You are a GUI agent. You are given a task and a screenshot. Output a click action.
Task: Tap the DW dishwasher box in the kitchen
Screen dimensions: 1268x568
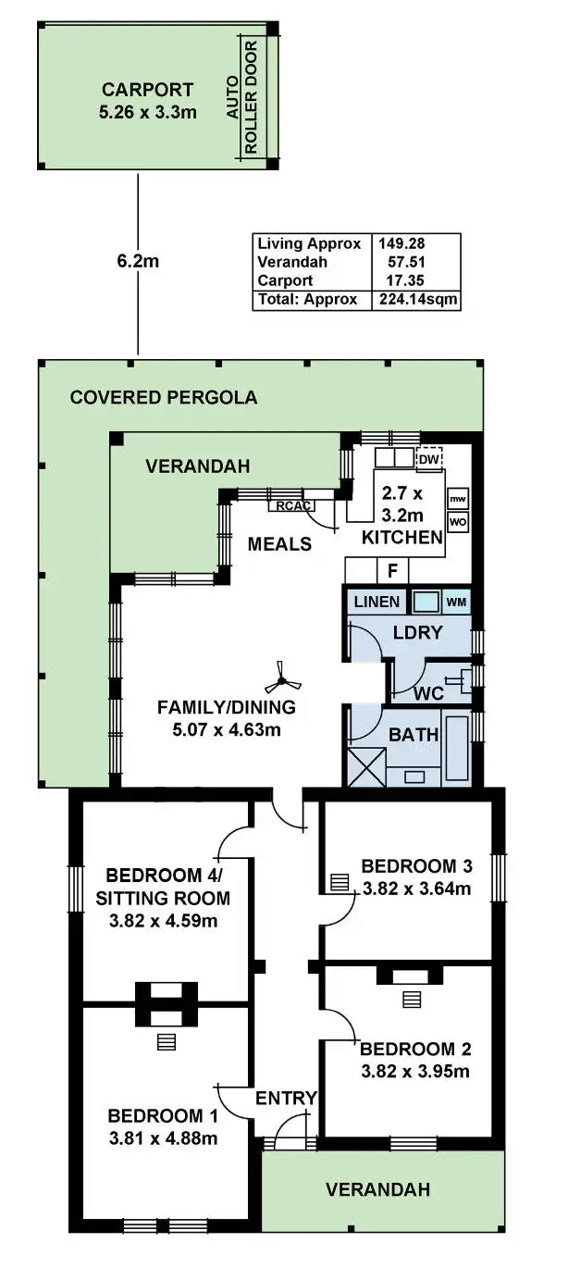[x=429, y=458]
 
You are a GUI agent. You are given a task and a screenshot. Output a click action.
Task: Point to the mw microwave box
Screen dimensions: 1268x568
[x=457, y=500]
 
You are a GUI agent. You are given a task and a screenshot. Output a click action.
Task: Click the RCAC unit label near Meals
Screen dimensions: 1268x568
[x=290, y=505]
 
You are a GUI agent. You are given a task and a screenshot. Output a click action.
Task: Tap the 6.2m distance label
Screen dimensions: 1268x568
[x=138, y=262]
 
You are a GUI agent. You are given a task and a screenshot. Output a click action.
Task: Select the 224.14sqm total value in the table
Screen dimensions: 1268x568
[x=416, y=300]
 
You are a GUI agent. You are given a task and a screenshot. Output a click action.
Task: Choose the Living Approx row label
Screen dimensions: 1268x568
[x=309, y=244]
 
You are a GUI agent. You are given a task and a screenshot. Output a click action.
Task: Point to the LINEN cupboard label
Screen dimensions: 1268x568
[x=377, y=603]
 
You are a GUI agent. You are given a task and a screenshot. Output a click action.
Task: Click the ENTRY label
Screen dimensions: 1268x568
[x=286, y=1099]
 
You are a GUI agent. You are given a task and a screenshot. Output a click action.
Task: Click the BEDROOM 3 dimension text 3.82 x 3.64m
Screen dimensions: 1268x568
[x=416, y=890]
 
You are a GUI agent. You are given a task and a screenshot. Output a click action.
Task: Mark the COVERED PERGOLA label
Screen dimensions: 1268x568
[x=164, y=398]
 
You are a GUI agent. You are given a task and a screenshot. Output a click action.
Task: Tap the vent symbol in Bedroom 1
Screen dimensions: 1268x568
[x=166, y=1041]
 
